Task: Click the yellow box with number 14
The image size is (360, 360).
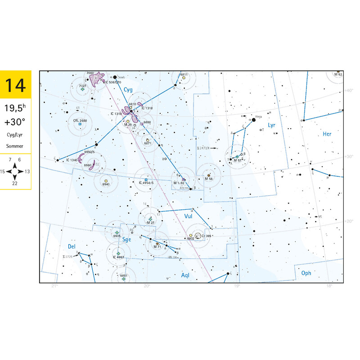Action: pyautogui.click(x=16, y=85)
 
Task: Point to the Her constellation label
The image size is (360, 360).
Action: pyautogui.click(x=327, y=134)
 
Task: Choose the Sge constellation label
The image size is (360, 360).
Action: pyautogui.click(x=127, y=240)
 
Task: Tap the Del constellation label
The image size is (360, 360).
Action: pyautogui.click(x=71, y=247)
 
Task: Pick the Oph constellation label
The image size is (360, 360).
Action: pyautogui.click(x=306, y=273)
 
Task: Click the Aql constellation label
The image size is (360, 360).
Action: pyautogui.click(x=186, y=274)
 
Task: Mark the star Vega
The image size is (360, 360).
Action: pyautogui.click(x=254, y=120)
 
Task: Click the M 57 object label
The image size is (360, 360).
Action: pyautogui.click(x=238, y=161)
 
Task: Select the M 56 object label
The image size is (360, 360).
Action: pyautogui.click(x=208, y=179)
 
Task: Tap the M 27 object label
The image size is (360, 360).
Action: pyautogui.click(x=151, y=223)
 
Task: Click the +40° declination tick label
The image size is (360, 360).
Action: pyautogui.click(x=349, y=91)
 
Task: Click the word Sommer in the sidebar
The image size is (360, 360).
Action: pyautogui.click(x=15, y=146)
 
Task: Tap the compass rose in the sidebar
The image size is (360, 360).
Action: pyautogui.click(x=15, y=171)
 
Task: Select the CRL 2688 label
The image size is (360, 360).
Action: pyautogui.click(x=79, y=121)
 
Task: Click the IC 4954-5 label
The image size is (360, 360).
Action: pyautogui.click(x=146, y=183)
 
